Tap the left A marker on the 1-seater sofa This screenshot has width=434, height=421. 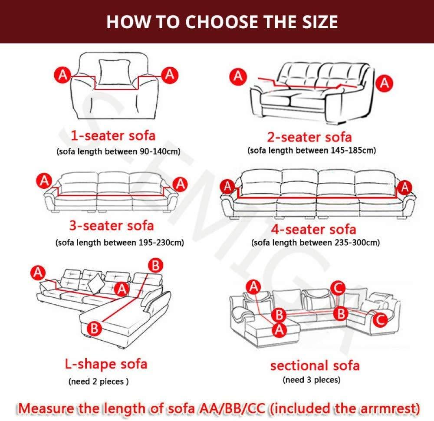coord(63,75)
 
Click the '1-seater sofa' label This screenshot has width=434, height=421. coord(113,135)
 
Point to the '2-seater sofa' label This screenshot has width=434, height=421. coord(309,137)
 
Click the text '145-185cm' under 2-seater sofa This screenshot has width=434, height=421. coord(347,151)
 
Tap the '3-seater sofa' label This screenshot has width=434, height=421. coord(112,226)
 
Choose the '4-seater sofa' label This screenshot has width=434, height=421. coord(313,229)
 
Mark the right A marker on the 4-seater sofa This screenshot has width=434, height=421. coord(405,187)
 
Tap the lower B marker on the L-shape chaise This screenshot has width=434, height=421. coord(95,328)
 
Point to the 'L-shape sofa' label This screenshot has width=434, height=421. coord(106,364)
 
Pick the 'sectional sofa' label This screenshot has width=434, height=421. coord(315,365)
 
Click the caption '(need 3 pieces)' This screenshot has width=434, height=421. coord(311,381)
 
